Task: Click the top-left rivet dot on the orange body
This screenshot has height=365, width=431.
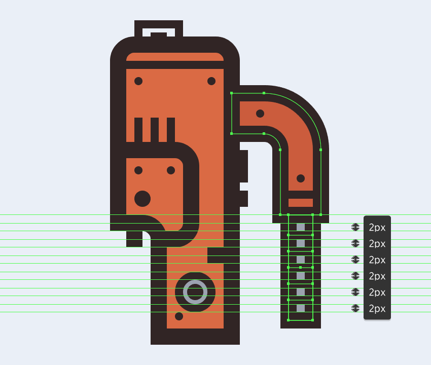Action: point(138,81)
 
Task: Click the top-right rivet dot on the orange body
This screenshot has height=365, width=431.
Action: point(211,81)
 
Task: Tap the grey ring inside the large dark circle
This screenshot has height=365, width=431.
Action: point(195,292)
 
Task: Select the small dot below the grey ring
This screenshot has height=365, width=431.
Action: point(179,316)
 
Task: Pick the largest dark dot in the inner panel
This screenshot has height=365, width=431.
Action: point(142,198)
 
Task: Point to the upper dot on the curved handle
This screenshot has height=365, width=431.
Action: point(260,114)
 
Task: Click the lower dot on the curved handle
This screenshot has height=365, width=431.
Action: point(301,178)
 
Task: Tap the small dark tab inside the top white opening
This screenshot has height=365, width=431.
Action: point(159,34)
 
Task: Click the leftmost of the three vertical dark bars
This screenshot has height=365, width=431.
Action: point(138,130)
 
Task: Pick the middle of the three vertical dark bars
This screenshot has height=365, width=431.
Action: point(155,130)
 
